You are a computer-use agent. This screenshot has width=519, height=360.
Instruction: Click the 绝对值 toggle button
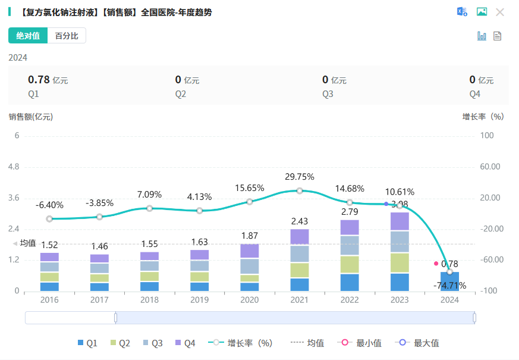28,36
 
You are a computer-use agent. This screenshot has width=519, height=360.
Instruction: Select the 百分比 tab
67,36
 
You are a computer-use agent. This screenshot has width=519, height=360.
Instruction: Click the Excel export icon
462,12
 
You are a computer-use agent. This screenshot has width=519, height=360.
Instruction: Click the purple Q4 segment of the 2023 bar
400,221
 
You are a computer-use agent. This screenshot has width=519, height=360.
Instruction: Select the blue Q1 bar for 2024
449,281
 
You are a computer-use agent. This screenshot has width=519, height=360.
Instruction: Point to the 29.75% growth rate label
300,177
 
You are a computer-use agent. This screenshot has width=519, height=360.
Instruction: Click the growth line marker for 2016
49,219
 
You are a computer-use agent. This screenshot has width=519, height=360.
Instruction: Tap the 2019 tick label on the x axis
199,300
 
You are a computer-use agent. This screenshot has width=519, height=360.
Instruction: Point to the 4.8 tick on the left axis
14,167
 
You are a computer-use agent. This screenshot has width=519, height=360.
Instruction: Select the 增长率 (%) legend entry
241,343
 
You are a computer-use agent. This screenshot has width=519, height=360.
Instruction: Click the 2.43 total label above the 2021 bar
300,221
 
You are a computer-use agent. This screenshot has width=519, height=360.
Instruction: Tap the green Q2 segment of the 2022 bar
350,264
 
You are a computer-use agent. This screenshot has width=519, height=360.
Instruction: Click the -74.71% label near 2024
449,286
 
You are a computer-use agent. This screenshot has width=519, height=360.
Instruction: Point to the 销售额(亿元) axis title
31,117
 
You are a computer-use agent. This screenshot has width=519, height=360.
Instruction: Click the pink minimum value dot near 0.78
436,263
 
